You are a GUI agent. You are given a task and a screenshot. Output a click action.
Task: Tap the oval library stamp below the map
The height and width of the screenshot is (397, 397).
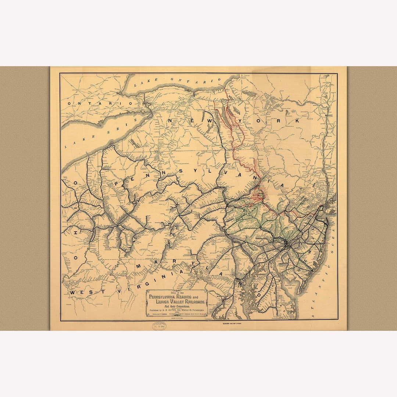tap(159, 326)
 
